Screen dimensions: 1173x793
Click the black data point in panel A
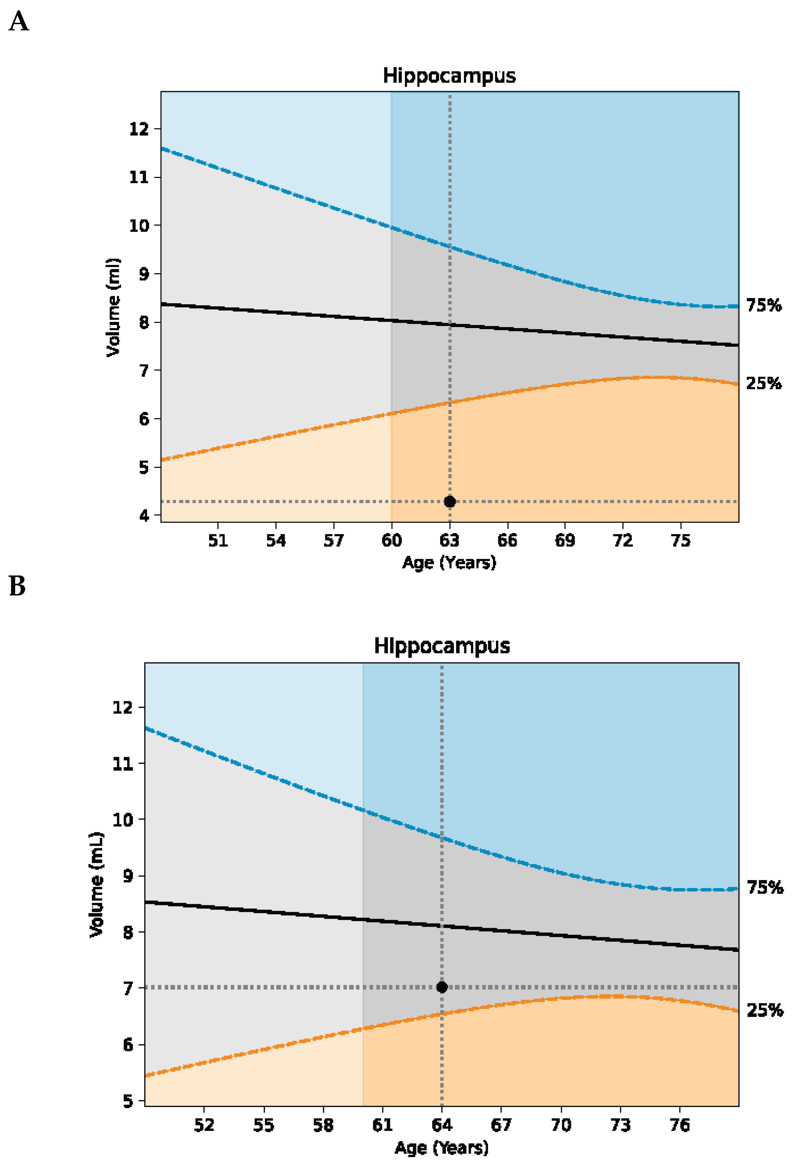coord(449,501)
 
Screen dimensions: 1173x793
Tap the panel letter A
coord(19,22)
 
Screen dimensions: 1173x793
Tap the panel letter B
coord(17,586)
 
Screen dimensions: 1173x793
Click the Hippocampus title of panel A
coord(449,76)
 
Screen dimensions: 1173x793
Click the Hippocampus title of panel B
coord(442,646)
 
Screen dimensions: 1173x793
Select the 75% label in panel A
coord(763,305)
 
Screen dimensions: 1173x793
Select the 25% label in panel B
coord(764,1011)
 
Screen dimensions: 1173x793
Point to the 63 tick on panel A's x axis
coord(449,541)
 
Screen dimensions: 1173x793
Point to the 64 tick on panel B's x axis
coord(442,1125)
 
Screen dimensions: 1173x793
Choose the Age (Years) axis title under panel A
coord(449,562)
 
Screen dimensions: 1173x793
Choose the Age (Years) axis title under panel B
coord(441,1147)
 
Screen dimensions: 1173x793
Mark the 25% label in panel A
coord(763,384)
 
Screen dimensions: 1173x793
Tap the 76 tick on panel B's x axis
coord(680,1125)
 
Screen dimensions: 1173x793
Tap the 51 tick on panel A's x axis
coord(218,541)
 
